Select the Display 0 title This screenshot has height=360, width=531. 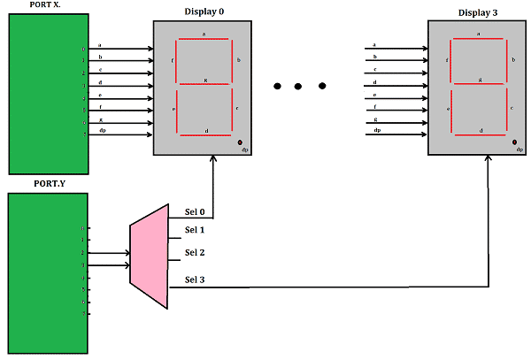pyautogui.click(x=204, y=11)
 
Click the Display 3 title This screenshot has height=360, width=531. pyautogui.click(x=479, y=11)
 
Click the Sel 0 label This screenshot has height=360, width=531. pyautogui.click(x=195, y=212)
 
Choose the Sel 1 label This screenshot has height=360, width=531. pyautogui.click(x=195, y=230)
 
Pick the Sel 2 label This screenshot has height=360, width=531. pyautogui.click(x=195, y=252)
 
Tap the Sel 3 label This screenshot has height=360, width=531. pyautogui.click(x=195, y=280)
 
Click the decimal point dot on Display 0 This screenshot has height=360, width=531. pyautogui.click(x=240, y=142)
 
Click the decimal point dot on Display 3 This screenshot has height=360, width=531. pyautogui.click(x=514, y=141)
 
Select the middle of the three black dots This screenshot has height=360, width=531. pyautogui.click(x=299, y=86)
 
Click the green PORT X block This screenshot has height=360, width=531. pyautogui.click(x=48, y=93)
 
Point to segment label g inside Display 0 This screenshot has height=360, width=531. pyautogui.click(x=205, y=80)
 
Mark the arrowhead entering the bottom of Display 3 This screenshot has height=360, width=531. pyautogui.click(x=489, y=161)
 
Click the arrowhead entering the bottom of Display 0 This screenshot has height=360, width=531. pyautogui.click(x=213, y=161)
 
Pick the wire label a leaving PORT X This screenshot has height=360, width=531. pyautogui.click(x=100, y=44)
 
